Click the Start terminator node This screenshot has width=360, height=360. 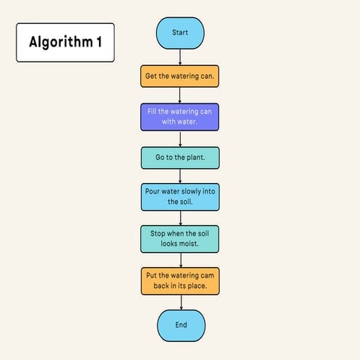tap(180, 33)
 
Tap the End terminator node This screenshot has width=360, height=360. tap(181, 325)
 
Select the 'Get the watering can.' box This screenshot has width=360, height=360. tap(180, 76)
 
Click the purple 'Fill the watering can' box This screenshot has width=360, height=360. tap(180, 117)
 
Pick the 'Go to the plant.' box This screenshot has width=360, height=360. tap(180, 158)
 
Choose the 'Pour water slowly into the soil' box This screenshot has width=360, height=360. tap(180, 196)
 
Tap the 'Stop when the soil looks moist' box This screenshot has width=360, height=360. tap(180, 238)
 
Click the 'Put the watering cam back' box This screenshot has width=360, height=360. tap(180, 280)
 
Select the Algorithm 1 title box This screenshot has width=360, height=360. tap(65, 42)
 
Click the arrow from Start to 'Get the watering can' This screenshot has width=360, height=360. tap(180, 58)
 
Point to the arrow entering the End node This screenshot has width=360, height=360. tap(181, 302)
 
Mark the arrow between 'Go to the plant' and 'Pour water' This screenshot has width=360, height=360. tap(180, 175)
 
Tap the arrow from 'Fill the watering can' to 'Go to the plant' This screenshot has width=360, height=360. tap(180, 139)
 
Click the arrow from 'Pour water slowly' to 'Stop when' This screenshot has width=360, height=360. tap(180, 217)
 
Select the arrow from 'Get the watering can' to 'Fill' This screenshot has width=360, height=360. tap(180, 94)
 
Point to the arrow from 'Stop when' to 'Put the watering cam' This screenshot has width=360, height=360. tap(180, 259)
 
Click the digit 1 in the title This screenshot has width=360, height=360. tap(99, 42)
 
